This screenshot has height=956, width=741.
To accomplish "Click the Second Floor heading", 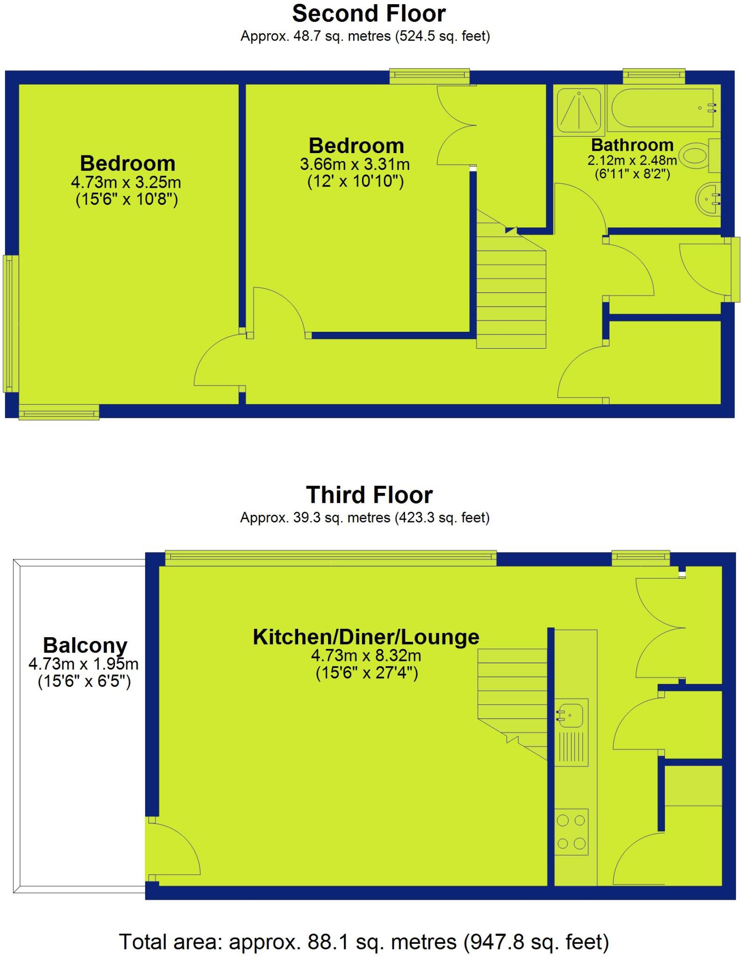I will tap(369, 14).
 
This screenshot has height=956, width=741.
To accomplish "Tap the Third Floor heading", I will tap(369, 495).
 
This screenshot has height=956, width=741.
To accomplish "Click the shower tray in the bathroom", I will tap(579, 110).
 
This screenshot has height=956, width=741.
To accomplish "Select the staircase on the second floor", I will tap(511, 289).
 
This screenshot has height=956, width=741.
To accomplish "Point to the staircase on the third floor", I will tap(512, 691).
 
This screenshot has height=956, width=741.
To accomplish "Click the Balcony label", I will tap(85, 646).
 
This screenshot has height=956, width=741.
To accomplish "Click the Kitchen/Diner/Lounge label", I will tap(366, 637).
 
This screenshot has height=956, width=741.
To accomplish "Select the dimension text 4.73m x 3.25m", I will tap(126, 182).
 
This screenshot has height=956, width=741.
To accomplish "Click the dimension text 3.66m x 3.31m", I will tap(355, 164).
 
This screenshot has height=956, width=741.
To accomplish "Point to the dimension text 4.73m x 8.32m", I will tap(366, 655).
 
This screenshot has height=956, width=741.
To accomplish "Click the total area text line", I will tap(364, 942).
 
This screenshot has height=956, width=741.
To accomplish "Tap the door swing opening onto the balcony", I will tap(175, 850).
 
